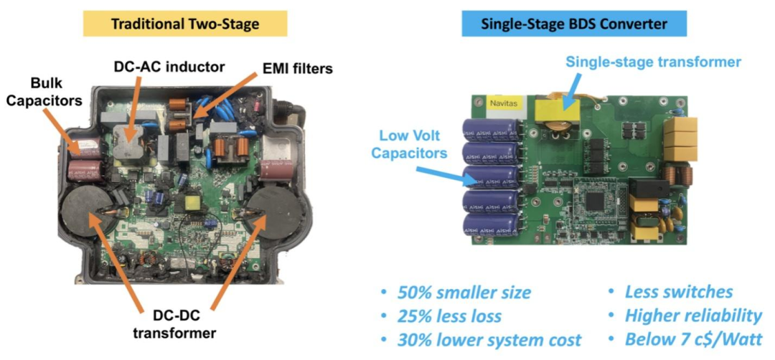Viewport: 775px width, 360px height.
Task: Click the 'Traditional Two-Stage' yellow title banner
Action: point(185,24)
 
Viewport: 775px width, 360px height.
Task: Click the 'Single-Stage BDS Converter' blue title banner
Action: point(574,24)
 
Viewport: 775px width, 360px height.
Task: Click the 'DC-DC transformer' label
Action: point(174,323)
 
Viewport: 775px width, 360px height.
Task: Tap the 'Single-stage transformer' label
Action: point(654,62)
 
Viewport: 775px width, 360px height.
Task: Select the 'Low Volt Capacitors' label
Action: point(409,144)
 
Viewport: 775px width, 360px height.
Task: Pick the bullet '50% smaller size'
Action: point(457,293)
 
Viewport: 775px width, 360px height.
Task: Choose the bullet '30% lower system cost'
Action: point(482,340)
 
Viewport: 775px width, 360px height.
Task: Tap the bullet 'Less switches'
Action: point(671,292)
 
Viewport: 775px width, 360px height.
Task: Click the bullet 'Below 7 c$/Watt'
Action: point(686,340)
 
